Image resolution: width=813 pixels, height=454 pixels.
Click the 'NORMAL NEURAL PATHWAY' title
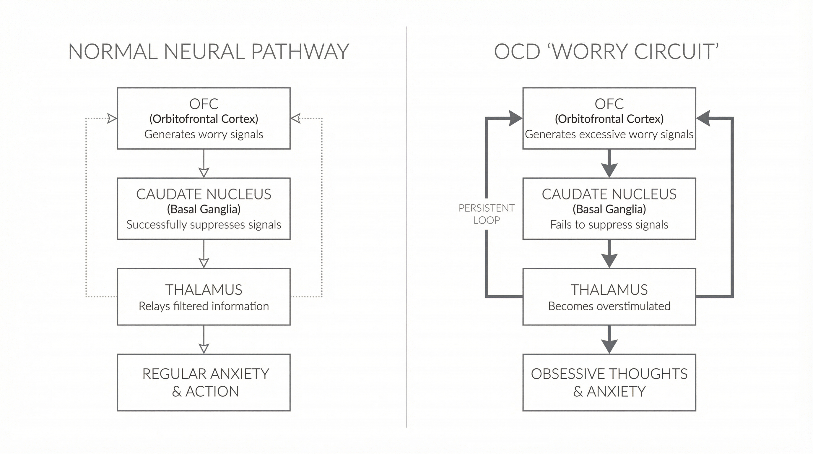click(x=209, y=51)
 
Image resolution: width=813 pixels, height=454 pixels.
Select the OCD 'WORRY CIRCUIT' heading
click(x=606, y=51)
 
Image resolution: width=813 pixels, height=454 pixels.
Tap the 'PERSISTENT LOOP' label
click(x=486, y=214)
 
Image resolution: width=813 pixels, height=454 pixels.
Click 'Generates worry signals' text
click(x=204, y=134)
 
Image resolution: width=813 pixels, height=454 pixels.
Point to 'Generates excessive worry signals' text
click(x=609, y=134)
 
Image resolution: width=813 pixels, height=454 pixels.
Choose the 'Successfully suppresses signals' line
click(x=204, y=224)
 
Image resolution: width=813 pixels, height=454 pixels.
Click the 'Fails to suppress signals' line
click(x=609, y=224)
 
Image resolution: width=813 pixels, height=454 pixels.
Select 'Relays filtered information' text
click(x=204, y=306)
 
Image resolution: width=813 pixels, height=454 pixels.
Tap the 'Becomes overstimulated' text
click(x=609, y=306)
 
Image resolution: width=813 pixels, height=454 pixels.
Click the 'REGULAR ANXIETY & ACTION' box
click(x=204, y=382)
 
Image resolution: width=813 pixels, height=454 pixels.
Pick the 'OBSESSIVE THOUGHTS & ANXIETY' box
click(x=609, y=382)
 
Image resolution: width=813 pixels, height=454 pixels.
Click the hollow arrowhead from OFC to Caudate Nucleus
click(x=204, y=173)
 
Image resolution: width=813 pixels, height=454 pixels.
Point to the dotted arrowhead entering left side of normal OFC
click(x=112, y=119)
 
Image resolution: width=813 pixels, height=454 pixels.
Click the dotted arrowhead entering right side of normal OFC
click(x=295, y=119)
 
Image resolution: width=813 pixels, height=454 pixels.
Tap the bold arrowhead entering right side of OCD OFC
click(x=703, y=119)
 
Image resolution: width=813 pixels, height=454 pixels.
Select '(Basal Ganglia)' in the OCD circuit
click(x=609, y=209)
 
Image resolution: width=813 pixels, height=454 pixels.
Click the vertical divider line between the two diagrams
click(x=406, y=227)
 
